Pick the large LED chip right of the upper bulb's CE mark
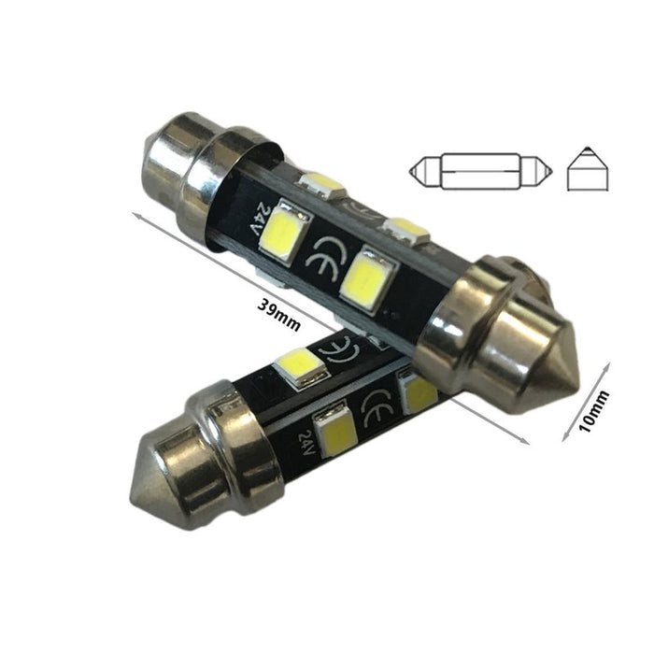(365, 276)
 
